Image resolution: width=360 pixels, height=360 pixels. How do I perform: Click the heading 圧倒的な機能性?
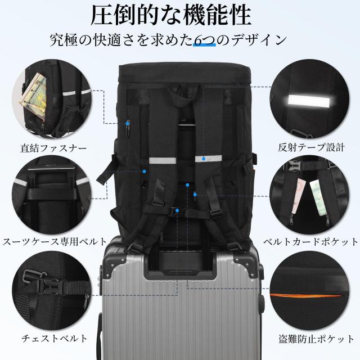179,16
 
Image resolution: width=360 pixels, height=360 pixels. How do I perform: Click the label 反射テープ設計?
311,149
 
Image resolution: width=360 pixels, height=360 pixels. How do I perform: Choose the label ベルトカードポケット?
310,242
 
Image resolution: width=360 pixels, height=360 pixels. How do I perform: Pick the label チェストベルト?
53,338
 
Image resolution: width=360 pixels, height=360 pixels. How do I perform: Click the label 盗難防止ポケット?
310,338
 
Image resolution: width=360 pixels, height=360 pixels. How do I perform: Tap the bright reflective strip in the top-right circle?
307,102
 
